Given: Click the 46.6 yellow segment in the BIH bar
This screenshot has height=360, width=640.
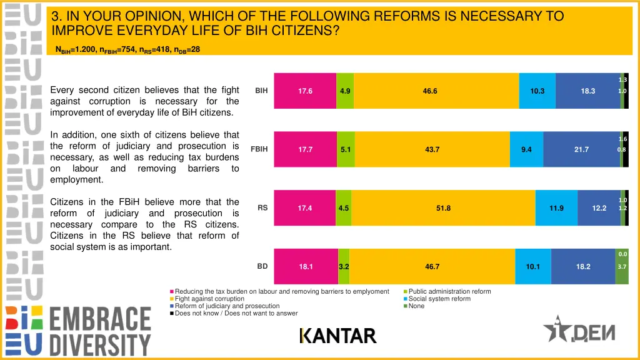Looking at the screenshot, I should click(x=430, y=91).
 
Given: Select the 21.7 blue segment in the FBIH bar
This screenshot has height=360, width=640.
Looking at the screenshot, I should click(x=581, y=149).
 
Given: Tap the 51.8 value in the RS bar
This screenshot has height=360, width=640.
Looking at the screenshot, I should click(x=443, y=208).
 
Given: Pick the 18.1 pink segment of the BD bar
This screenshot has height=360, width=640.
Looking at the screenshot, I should click(x=306, y=266).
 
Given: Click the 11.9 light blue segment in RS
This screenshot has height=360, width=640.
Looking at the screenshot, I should click(x=556, y=208).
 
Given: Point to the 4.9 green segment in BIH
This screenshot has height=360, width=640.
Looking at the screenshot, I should click(x=345, y=91).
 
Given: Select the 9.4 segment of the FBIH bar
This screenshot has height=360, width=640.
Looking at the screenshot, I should click(x=526, y=149).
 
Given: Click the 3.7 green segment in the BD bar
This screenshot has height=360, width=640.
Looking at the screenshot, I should click(x=622, y=267).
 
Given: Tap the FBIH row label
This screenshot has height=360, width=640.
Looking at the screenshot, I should click(x=259, y=149).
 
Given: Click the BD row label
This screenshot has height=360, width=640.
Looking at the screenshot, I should click(x=262, y=266).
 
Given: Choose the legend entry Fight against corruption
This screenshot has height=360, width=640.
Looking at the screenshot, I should click(x=209, y=299).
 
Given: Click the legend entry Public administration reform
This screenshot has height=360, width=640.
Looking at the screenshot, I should click(x=449, y=291).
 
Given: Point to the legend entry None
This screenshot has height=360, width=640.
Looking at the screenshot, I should click(x=416, y=306).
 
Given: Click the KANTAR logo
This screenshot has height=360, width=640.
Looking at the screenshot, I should click(x=338, y=336).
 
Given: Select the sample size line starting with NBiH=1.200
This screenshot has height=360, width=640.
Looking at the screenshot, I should click(x=127, y=49).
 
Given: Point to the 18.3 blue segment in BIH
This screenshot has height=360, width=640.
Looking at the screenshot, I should click(x=587, y=91).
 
